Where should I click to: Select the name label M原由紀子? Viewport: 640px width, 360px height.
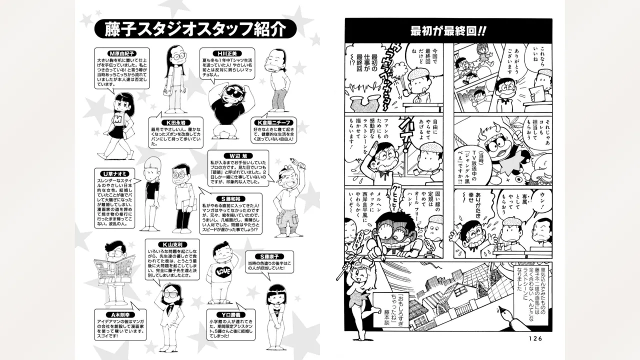click(119, 53)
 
